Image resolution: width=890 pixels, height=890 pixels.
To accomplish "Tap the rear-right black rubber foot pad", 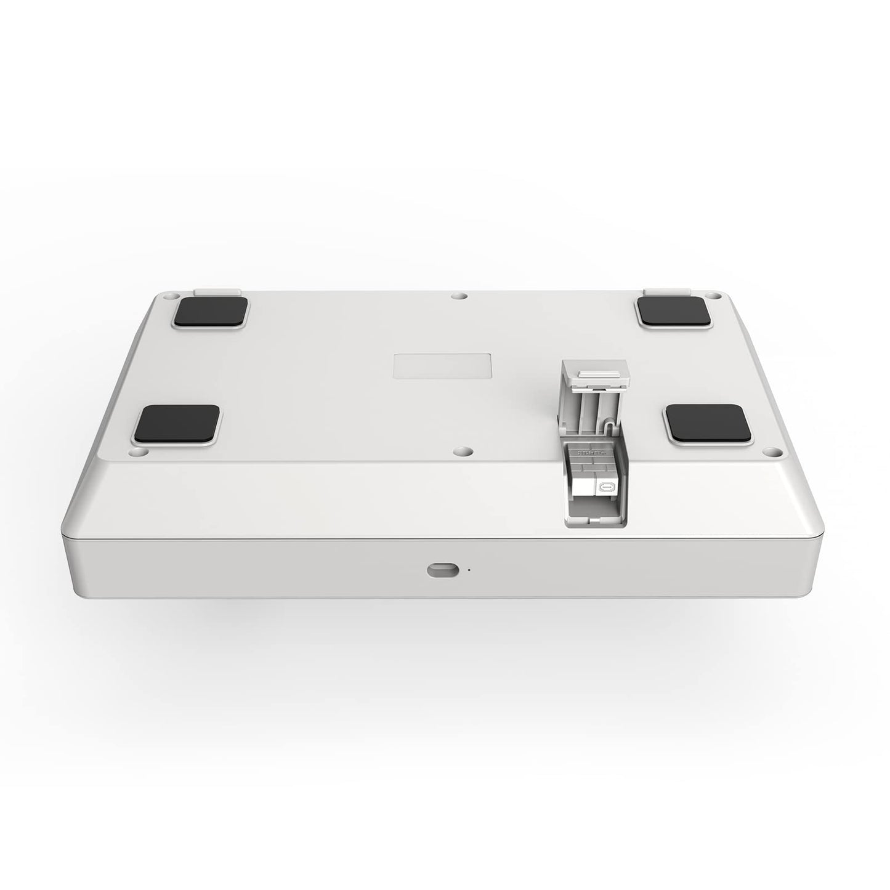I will (673, 311).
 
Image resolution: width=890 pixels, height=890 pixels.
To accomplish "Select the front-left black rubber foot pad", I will (178, 425).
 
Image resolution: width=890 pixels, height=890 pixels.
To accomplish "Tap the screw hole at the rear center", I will (456, 296).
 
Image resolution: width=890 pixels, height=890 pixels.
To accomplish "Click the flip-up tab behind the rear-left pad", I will (216, 289).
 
